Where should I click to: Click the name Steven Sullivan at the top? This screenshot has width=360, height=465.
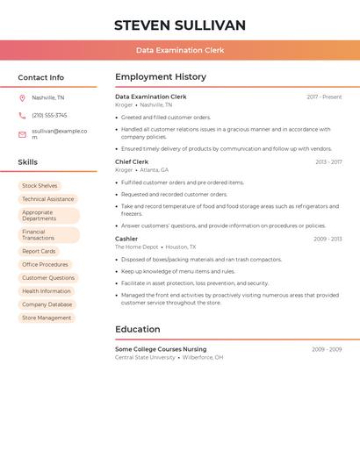coord(179,25)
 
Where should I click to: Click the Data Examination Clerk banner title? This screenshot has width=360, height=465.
coord(179,51)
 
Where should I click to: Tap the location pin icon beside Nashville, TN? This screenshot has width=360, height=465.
coord(22,98)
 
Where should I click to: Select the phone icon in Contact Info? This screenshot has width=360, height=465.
coord(22,116)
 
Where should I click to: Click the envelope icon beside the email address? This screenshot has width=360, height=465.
coord(22,134)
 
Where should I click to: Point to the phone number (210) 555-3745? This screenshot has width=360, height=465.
coord(49,116)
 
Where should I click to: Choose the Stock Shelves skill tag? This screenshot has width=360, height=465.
coord(40,186)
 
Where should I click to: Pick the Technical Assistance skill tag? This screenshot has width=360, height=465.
coord(47,199)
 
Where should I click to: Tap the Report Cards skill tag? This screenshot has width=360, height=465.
coord(39,252)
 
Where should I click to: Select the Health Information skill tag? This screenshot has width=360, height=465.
coord(47,291)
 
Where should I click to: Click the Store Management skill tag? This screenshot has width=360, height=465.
coord(47,318)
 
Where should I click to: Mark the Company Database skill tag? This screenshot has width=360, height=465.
coord(47,304)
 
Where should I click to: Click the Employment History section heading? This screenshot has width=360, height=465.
coord(161,77)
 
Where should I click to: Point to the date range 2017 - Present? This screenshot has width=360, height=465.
coord(324,97)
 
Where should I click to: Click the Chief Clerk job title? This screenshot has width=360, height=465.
coord(132,162)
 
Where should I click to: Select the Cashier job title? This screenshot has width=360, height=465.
coord(126,239)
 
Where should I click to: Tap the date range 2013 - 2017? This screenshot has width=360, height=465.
coord(328,162)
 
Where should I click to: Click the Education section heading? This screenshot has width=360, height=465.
coord(137,330)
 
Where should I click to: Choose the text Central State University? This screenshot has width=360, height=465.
coord(145,358)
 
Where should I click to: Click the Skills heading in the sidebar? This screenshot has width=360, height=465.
coord(28,162)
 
